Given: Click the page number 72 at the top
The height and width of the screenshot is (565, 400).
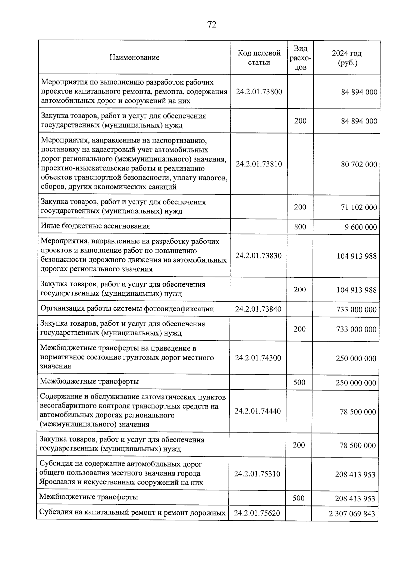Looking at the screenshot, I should click(x=212, y=25).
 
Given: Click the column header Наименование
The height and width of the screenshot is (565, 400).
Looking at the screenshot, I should click(x=134, y=57).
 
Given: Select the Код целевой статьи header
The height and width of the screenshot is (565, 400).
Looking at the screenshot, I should click(x=259, y=58).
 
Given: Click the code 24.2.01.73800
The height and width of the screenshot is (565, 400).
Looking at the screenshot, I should click(x=259, y=92).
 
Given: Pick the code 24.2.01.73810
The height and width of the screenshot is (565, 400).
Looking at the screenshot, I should click(x=259, y=164).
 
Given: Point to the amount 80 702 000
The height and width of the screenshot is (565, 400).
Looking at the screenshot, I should click(x=359, y=164).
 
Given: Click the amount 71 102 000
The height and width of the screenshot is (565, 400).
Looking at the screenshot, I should click(x=359, y=207).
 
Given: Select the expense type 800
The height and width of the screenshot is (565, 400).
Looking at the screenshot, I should click(x=300, y=227).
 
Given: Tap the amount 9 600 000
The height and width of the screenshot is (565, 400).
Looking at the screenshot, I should click(x=361, y=227).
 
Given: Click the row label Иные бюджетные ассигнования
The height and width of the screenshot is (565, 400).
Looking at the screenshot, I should click(x=95, y=226).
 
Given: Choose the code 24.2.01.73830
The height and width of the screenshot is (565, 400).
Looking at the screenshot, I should click(x=259, y=256).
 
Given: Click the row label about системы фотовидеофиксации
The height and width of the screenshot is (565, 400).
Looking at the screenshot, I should click(x=127, y=309).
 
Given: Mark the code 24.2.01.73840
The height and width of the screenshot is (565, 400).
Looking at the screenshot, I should click(x=258, y=309).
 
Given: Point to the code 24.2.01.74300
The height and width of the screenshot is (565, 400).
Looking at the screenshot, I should click(x=258, y=358).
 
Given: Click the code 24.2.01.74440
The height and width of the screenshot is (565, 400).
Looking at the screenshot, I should click(x=258, y=411).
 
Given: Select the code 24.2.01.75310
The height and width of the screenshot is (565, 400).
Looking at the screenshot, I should click(x=257, y=474).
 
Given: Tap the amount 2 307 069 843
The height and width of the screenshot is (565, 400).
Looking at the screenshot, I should click(x=352, y=514).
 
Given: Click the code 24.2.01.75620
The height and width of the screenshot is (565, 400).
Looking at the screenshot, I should click(x=257, y=513).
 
